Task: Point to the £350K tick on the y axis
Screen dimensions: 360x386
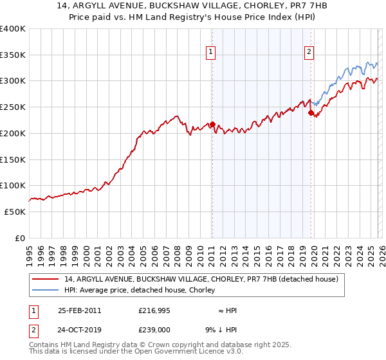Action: (14, 55)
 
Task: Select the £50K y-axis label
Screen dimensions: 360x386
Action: (15, 212)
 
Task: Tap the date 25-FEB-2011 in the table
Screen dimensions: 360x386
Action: (79, 310)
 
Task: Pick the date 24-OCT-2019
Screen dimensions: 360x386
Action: (79, 330)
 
